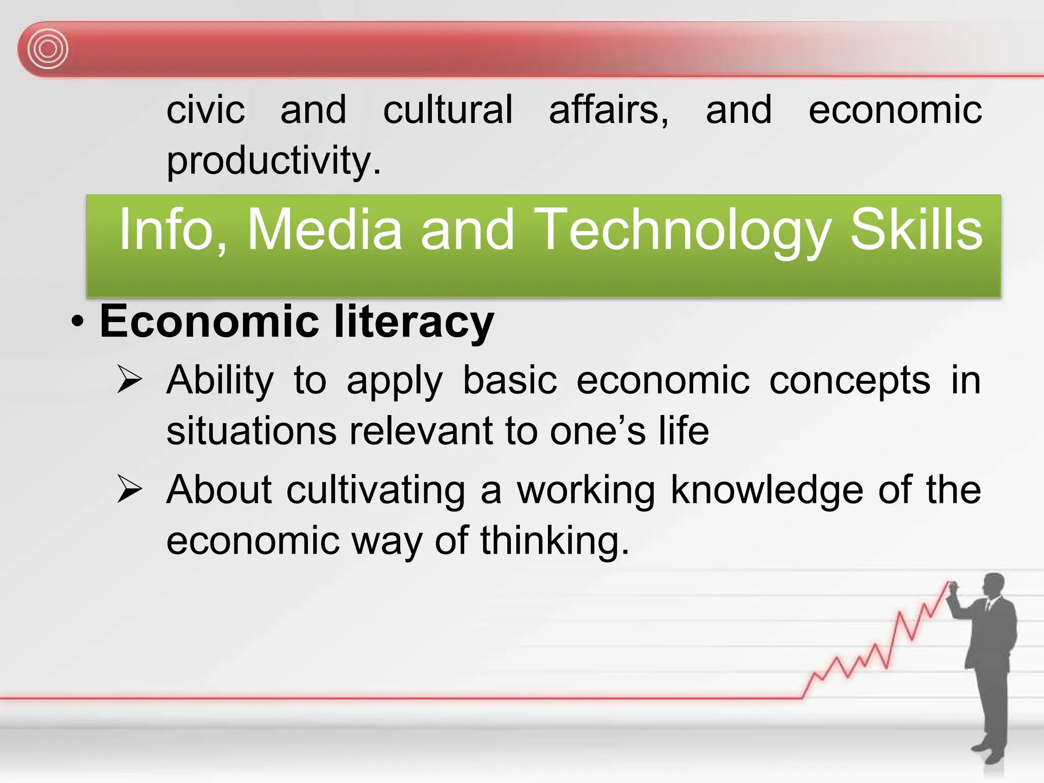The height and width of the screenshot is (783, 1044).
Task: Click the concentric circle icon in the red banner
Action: click(x=47, y=49)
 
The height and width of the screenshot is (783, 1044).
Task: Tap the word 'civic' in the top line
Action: click(x=205, y=110)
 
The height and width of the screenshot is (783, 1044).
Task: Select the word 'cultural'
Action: click(x=448, y=110)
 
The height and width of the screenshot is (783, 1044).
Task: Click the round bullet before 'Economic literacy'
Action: click(x=77, y=322)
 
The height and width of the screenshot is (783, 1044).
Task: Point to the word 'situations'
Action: click(x=251, y=431)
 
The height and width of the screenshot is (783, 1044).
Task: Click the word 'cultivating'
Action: click(x=376, y=490)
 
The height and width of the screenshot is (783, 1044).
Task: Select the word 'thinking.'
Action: click(x=555, y=541)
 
